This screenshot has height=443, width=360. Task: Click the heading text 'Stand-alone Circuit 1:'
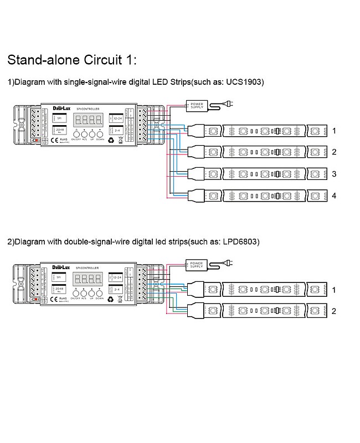[x=71, y=59]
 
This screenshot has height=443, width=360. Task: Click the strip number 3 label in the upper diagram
[x=334, y=174]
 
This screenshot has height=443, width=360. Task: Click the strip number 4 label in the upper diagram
[x=334, y=195]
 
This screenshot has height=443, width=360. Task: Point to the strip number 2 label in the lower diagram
[x=334, y=312]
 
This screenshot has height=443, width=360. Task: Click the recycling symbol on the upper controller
[x=111, y=140]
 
